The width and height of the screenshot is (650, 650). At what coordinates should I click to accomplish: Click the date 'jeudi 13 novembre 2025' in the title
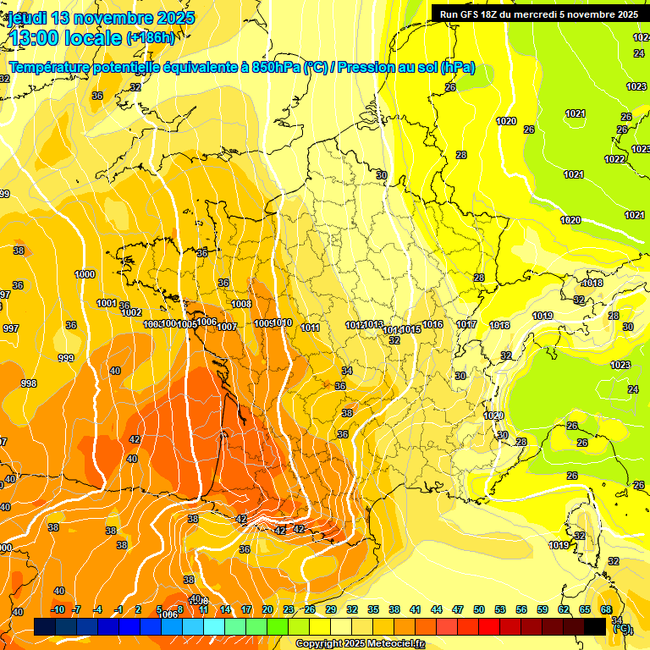[x=102, y=18]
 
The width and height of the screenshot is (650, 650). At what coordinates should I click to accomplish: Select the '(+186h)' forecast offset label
[x=151, y=38]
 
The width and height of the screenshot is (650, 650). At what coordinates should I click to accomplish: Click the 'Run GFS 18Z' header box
[x=539, y=14]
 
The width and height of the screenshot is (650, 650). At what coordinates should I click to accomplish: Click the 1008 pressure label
[x=241, y=304]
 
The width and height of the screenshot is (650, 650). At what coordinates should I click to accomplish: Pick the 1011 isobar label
[x=310, y=328]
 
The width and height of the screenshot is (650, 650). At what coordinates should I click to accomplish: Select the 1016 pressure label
[x=433, y=324]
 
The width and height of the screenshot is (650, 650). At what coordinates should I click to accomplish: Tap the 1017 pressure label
[x=466, y=324]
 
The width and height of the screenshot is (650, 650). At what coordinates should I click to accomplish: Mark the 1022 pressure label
[x=615, y=159]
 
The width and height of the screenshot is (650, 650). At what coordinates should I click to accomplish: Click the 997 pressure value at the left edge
[x=10, y=328]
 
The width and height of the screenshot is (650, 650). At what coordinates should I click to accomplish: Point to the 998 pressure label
[x=29, y=383]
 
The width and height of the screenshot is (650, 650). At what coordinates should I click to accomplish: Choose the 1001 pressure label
[x=107, y=303]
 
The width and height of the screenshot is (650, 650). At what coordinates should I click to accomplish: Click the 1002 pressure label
[x=131, y=312]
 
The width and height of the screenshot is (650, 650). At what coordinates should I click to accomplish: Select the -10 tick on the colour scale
[x=58, y=609]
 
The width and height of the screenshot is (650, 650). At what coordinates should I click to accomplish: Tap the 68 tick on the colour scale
[x=606, y=609]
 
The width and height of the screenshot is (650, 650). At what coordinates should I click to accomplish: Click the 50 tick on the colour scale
[x=479, y=609]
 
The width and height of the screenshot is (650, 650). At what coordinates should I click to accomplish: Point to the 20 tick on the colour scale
[x=267, y=609]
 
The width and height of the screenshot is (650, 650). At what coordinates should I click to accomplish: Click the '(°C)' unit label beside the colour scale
[x=622, y=629]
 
